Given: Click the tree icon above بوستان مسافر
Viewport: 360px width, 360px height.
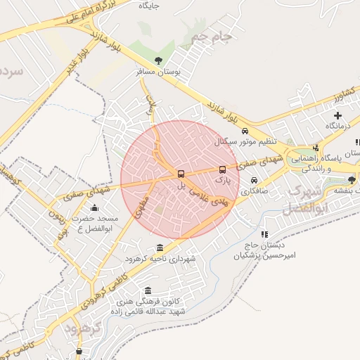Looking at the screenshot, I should point(158,60).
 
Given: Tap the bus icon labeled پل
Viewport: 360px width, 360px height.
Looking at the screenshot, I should point(181,174).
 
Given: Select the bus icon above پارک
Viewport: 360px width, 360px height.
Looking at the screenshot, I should point(223,169).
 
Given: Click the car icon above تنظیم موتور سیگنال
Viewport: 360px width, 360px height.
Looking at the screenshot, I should point(244,131).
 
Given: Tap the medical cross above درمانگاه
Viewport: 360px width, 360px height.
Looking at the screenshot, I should point(338,115).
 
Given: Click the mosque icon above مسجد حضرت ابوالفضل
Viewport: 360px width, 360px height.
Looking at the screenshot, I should point(95,207).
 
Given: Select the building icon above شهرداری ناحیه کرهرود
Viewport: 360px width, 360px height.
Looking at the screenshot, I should point(160,247).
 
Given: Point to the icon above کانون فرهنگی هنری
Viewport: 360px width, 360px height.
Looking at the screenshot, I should point(147,290).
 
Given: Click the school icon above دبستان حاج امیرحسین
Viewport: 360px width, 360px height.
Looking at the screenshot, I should point(264,234).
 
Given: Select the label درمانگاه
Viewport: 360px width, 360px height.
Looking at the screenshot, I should point(338,126).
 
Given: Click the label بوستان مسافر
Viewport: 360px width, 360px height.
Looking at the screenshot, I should point(159,72).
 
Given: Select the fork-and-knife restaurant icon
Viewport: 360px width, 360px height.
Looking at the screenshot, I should point(316,148).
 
